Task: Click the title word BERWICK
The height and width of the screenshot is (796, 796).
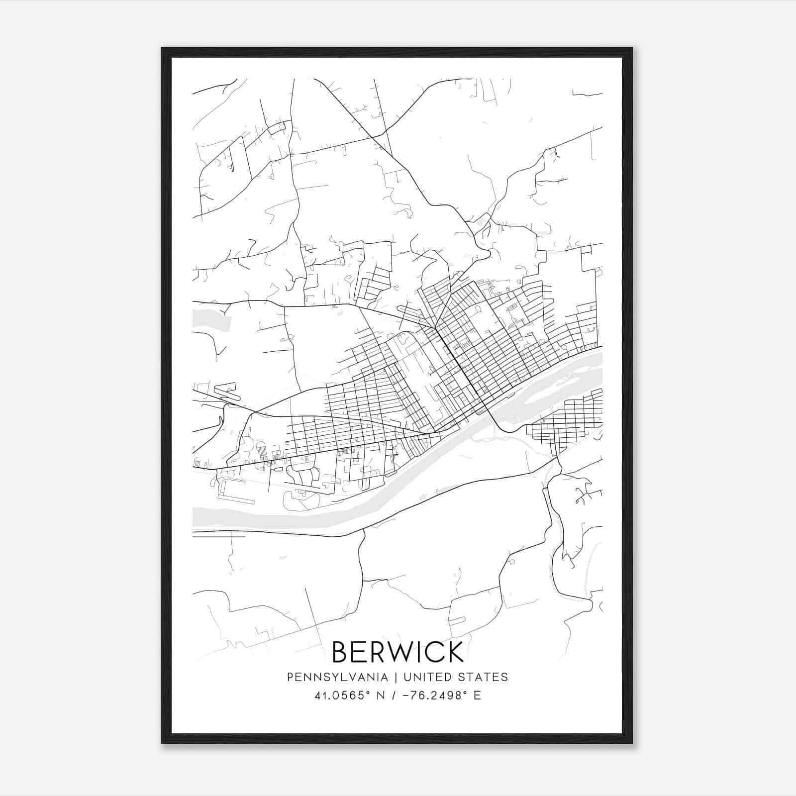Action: coord(398,652)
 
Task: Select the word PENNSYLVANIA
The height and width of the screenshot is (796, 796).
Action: coord(337,677)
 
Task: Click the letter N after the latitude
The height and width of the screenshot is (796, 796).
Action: coord(381,696)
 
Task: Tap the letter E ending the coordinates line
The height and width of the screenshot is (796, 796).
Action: coord(477,696)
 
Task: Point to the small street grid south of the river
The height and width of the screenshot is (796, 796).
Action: coord(567,423)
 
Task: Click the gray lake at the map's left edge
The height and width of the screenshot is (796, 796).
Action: coord(211,320)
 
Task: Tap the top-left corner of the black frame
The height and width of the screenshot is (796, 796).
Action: coord(162,48)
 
